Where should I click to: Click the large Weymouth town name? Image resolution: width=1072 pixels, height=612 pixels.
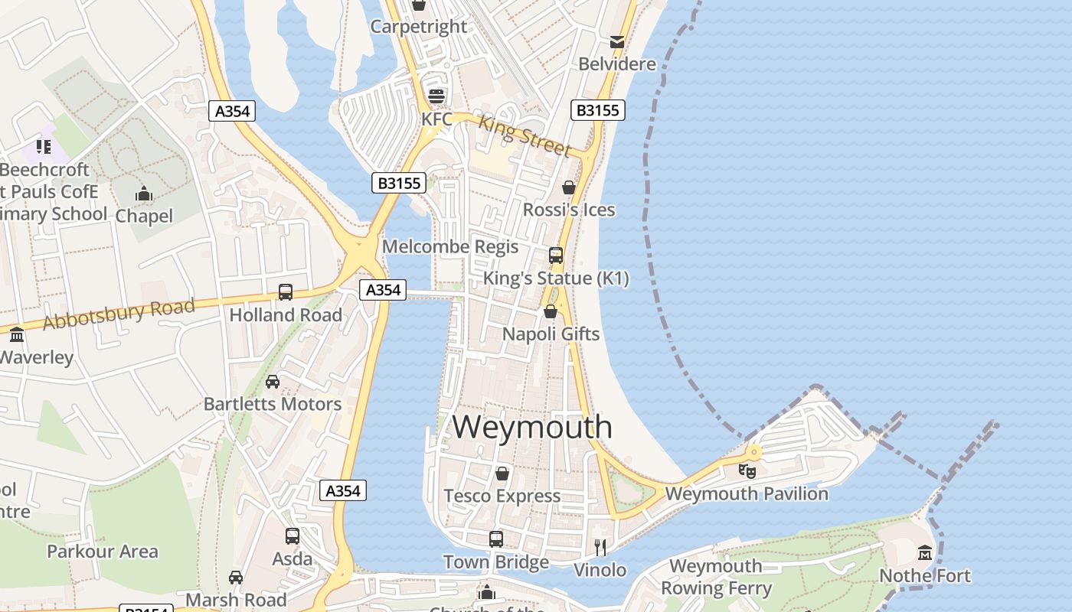click(532, 427)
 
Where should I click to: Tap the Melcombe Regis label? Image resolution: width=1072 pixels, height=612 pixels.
click(450, 247)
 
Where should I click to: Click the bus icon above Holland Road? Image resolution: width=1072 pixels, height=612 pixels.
click(286, 291)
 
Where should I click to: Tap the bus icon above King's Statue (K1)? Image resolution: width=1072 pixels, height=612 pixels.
click(556, 255)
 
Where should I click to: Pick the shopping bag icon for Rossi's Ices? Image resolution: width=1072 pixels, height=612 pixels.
click(569, 187)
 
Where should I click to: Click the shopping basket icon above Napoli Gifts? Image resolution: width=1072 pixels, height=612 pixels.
click(550, 311)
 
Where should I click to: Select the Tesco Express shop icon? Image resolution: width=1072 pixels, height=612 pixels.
click(502, 474)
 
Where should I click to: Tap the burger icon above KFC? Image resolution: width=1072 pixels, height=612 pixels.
click(436, 96)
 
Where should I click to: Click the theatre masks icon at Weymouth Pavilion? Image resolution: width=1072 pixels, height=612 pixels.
click(747, 470)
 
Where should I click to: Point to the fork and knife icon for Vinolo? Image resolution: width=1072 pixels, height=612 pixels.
click(600, 547)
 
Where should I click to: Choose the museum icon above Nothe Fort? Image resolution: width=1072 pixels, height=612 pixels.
click(925, 552)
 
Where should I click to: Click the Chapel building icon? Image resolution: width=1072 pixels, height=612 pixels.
click(144, 194)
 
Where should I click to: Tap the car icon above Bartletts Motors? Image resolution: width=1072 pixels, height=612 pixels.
click(273, 381)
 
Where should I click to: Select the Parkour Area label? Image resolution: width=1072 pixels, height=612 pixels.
click(103, 552)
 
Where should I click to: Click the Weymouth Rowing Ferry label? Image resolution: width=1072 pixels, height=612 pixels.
click(716, 578)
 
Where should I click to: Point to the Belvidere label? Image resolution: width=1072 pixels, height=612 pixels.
click(617, 64)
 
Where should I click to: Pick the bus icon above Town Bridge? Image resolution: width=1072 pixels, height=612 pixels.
click(496, 539)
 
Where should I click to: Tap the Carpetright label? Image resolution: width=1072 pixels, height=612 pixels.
click(418, 27)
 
